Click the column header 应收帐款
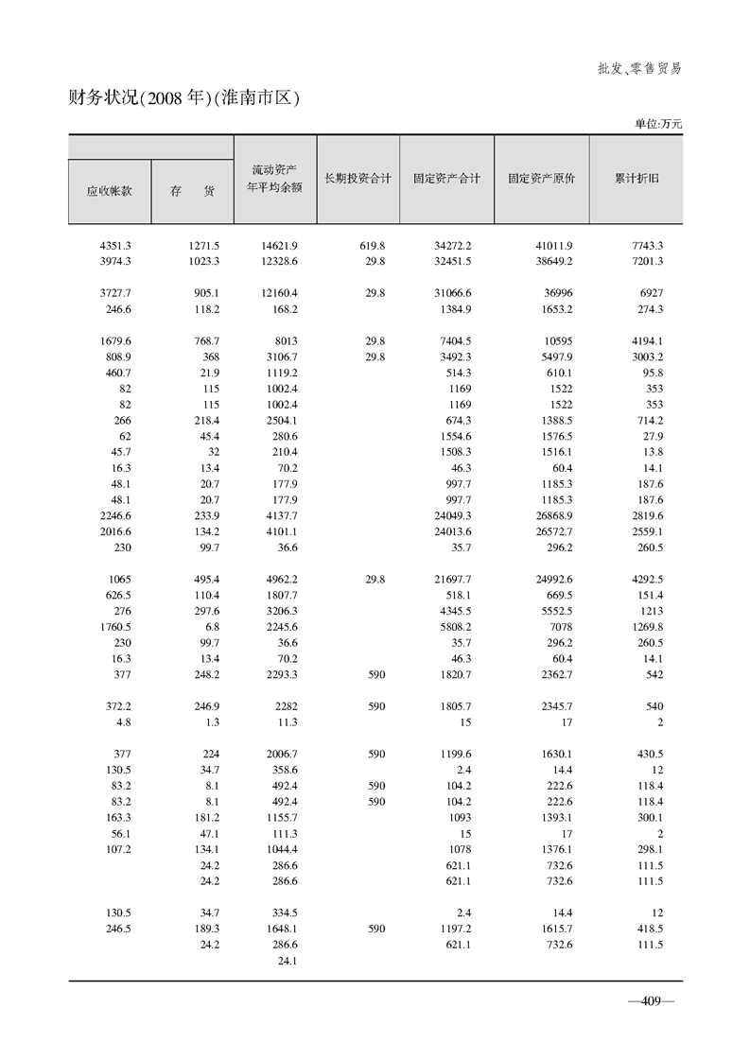[x=109, y=190]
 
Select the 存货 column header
[x=192, y=190]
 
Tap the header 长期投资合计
[x=358, y=178]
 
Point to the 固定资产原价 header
[x=541, y=178]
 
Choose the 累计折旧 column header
[x=636, y=178]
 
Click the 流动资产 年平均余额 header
[x=274, y=178]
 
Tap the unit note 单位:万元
[x=657, y=123]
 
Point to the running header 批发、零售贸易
[x=639, y=68]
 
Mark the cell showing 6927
[x=650, y=293]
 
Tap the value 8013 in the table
[x=285, y=340]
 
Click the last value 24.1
[x=286, y=961]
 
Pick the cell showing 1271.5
[x=204, y=246]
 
